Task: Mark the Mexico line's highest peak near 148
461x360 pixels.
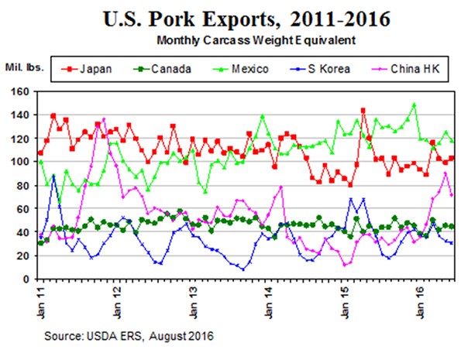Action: click(x=415, y=105)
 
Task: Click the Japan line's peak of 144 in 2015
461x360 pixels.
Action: click(x=363, y=111)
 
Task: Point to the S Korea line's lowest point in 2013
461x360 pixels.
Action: click(x=243, y=269)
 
